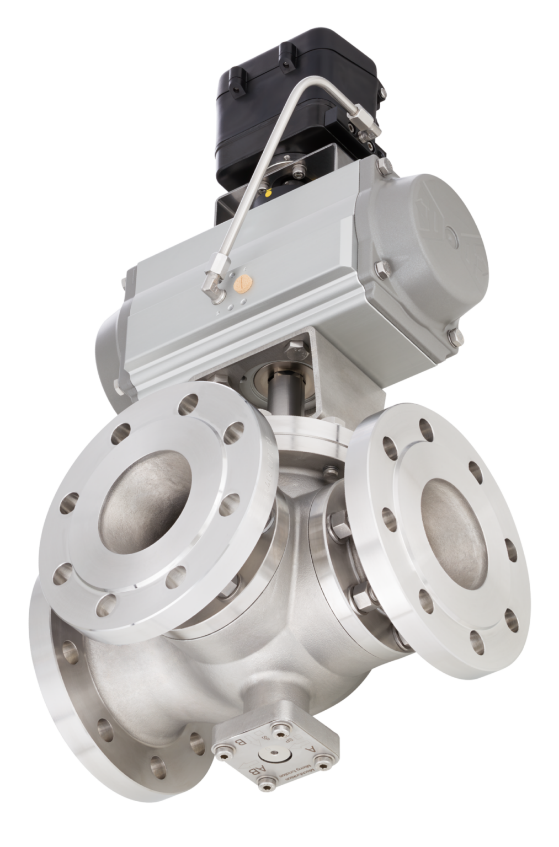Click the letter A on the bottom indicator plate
312,749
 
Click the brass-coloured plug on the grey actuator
242,283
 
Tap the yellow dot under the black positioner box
269,194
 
